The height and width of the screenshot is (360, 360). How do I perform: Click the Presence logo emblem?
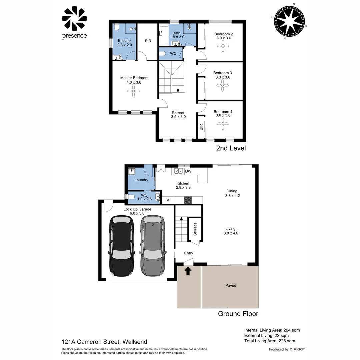pyautogui.click(x=74, y=19)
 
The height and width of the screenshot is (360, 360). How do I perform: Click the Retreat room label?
pyautogui.click(x=178, y=113)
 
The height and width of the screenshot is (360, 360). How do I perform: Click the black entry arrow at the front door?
pyautogui.click(x=188, y=271)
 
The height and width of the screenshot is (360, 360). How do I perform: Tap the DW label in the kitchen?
pyautogui.click(x=188, y=171)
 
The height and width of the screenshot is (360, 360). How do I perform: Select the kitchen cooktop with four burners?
pyautogui.click(x=188, y=200)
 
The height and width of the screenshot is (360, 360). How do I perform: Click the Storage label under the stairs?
pyautogui.click(x=195, y=229)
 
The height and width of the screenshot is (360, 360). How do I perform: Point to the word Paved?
pyautogui.click(x=231, y=285)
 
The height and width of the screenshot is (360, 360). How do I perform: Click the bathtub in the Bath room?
pyautogui.click(x=164, y=36)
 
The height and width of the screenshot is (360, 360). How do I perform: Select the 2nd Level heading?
pyautogui.click(x=231, y=148)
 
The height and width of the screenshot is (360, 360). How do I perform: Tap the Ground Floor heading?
pyautogui.click(x=238, y=314)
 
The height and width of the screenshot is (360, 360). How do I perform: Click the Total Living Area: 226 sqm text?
pyautogui.click(x=269, y=341)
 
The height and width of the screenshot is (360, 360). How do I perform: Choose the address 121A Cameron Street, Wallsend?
pyautogui.click(x=104, y=342)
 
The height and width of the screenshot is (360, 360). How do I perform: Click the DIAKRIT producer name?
pyautogui.click(x=297, y=349)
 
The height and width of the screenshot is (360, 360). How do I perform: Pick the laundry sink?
pyautogui.click(x=132, y=171)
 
